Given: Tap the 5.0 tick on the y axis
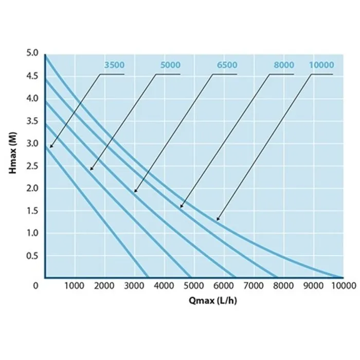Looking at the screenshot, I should tap(32, 53).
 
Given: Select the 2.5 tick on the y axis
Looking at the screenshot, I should tap(32, 166).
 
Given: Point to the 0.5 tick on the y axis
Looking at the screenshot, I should tap(32, 256).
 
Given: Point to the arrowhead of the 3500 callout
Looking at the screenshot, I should tap(51, 147).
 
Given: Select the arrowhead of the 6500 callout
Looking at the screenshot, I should tap(135, 192).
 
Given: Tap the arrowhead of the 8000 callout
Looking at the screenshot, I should tap(181, 207).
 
